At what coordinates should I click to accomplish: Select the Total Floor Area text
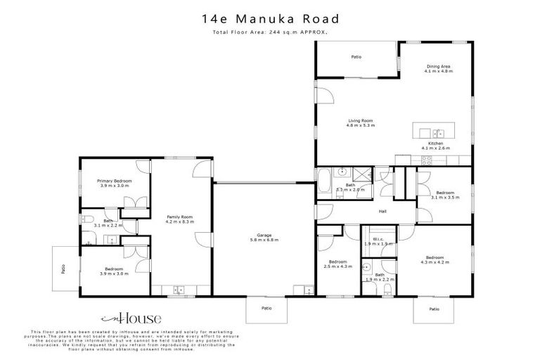(270, 32)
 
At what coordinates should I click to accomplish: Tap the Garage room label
(264, 236)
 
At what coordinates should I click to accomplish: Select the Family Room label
(179, 217)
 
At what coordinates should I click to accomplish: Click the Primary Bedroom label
(115, 181)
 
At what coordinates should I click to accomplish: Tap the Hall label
(382, 210)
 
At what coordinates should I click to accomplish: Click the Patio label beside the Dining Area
(356, 56)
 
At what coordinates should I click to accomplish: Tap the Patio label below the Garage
(266, 307)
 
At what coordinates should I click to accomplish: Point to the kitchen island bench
(431, 132)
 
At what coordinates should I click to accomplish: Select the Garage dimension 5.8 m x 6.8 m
(264, 240)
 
